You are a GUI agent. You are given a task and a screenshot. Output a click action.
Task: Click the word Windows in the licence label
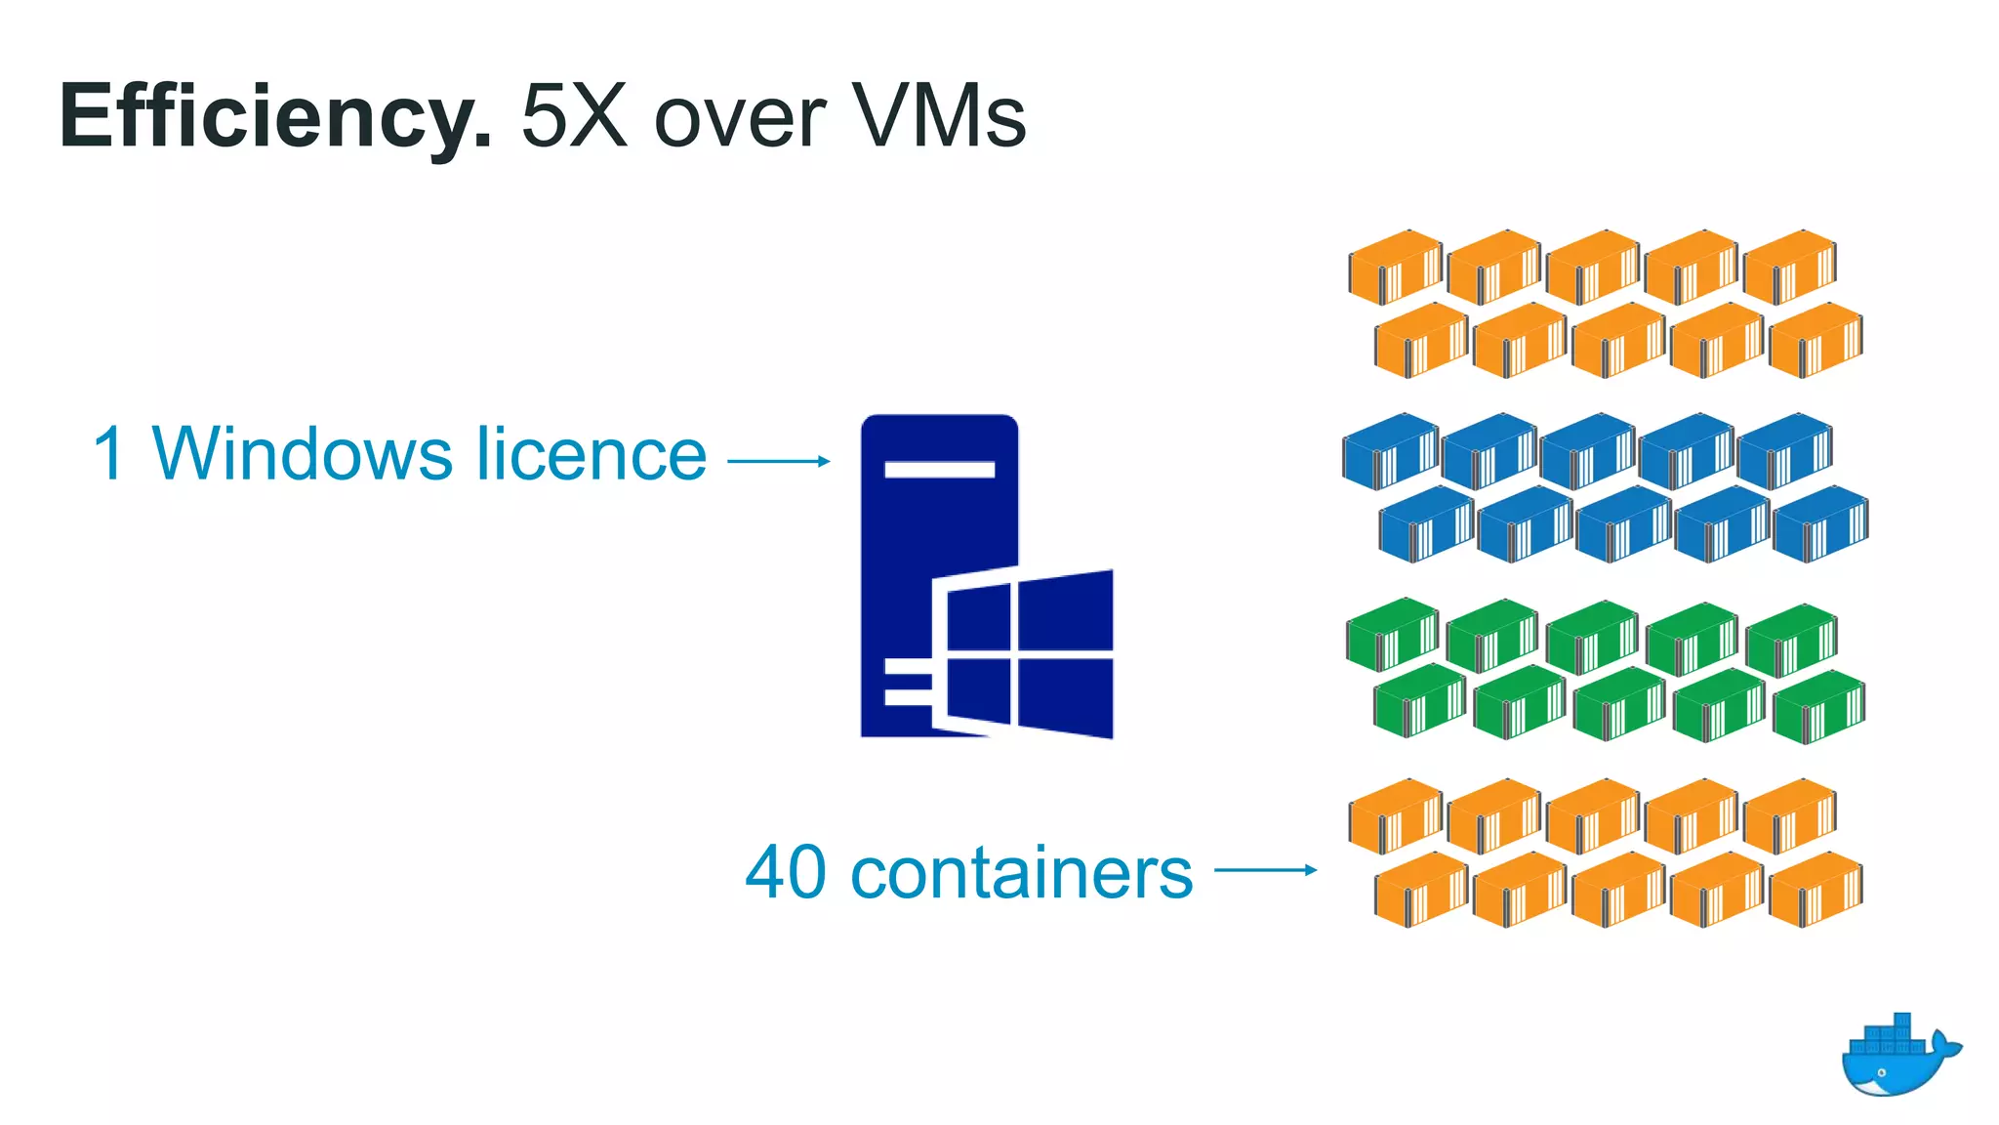303,454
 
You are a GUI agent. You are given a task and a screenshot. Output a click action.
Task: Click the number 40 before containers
786,872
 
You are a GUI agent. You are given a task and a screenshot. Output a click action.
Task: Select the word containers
1022,872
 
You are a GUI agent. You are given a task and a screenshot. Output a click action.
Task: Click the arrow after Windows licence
779,461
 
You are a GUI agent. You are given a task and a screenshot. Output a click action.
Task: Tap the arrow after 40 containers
1265,869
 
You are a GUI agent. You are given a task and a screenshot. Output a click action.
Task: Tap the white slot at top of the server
939,470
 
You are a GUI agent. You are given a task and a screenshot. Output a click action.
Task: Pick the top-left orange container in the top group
1395,266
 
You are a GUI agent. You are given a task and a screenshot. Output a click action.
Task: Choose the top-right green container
1791,640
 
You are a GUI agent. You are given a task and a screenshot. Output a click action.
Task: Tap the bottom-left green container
1419,701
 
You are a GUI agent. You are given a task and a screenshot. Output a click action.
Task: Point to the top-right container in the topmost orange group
1789,266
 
